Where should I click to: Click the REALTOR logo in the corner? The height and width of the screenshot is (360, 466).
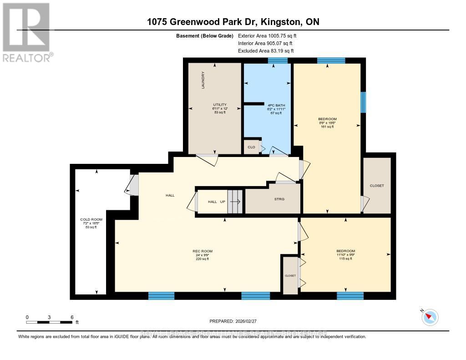26,32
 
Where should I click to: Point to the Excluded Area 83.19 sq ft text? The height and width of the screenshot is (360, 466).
266,51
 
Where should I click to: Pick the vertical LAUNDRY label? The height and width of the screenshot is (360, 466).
203,80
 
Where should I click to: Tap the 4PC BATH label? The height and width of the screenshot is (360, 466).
274,105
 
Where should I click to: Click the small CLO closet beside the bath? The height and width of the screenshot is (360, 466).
251,147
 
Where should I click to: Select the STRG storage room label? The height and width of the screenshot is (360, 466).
279,199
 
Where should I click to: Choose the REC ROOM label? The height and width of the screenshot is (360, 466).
203,251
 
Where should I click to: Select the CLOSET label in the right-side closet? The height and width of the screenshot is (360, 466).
377,186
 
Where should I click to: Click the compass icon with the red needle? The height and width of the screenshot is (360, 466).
430,317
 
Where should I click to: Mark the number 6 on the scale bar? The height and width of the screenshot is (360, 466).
72,317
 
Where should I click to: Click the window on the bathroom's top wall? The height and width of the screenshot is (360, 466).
278,61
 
